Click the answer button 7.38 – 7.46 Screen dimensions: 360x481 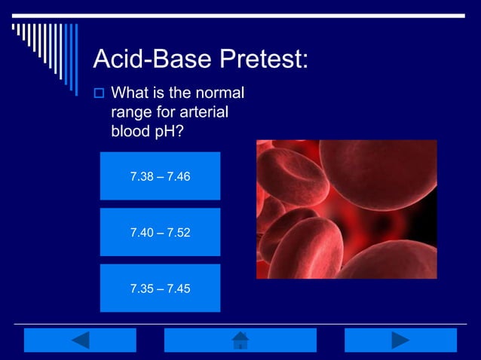(160, 176)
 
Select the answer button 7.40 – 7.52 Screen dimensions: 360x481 (160, 232)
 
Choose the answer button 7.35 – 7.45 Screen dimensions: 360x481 (160, 288)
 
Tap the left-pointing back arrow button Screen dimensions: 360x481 (80, 340)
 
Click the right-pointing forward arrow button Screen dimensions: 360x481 (400, 340)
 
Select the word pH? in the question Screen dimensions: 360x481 (166, 130)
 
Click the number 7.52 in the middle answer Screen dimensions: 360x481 (178, 233)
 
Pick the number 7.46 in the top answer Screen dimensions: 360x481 (178, 177)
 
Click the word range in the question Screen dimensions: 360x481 (132, 112)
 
